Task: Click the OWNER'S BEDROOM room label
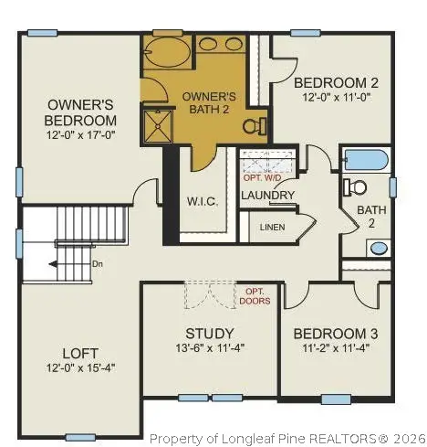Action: tap(82, 112)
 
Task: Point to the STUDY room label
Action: tap(209, 334)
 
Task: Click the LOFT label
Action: tap(80, 352)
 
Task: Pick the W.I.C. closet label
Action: tap(201, 201)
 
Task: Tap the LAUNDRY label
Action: tap(267, 195)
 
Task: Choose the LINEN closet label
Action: tap(272, 227)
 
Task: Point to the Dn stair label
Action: tap(98, 263)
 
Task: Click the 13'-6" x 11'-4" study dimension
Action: tap(209, 347)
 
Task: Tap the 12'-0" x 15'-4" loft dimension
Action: tap(80, 367)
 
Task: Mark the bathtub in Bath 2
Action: tap(366, 160)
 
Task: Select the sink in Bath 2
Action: tap(378, 247)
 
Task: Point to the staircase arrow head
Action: tap(52, 263)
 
